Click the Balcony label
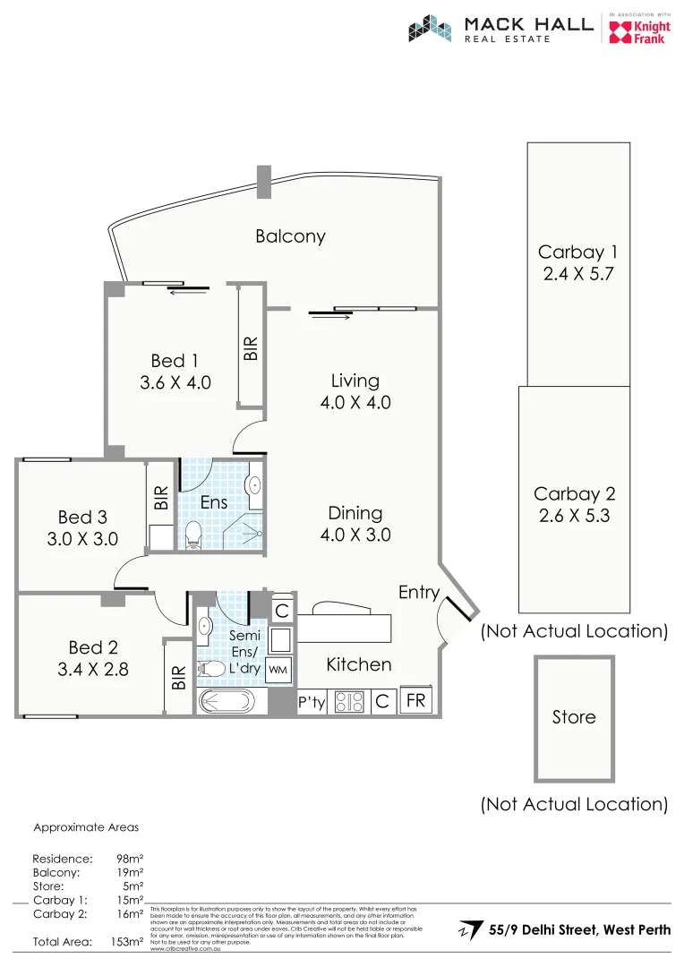pos(290,236)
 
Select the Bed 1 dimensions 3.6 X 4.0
pos(175,383)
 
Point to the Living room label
pos(355,381)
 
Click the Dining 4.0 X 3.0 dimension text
pos(355,535)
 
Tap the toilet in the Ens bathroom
pos(192,535)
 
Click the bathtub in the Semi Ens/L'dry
pos(228,701)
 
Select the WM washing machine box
pos(278,669)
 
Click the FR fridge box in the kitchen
pos(416,700)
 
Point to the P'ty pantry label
pos(312,703)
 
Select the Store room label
pos(574,717)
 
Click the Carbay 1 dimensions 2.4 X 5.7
pos(578,275)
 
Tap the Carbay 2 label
pos(574,494)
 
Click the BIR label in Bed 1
pos(251,347)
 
